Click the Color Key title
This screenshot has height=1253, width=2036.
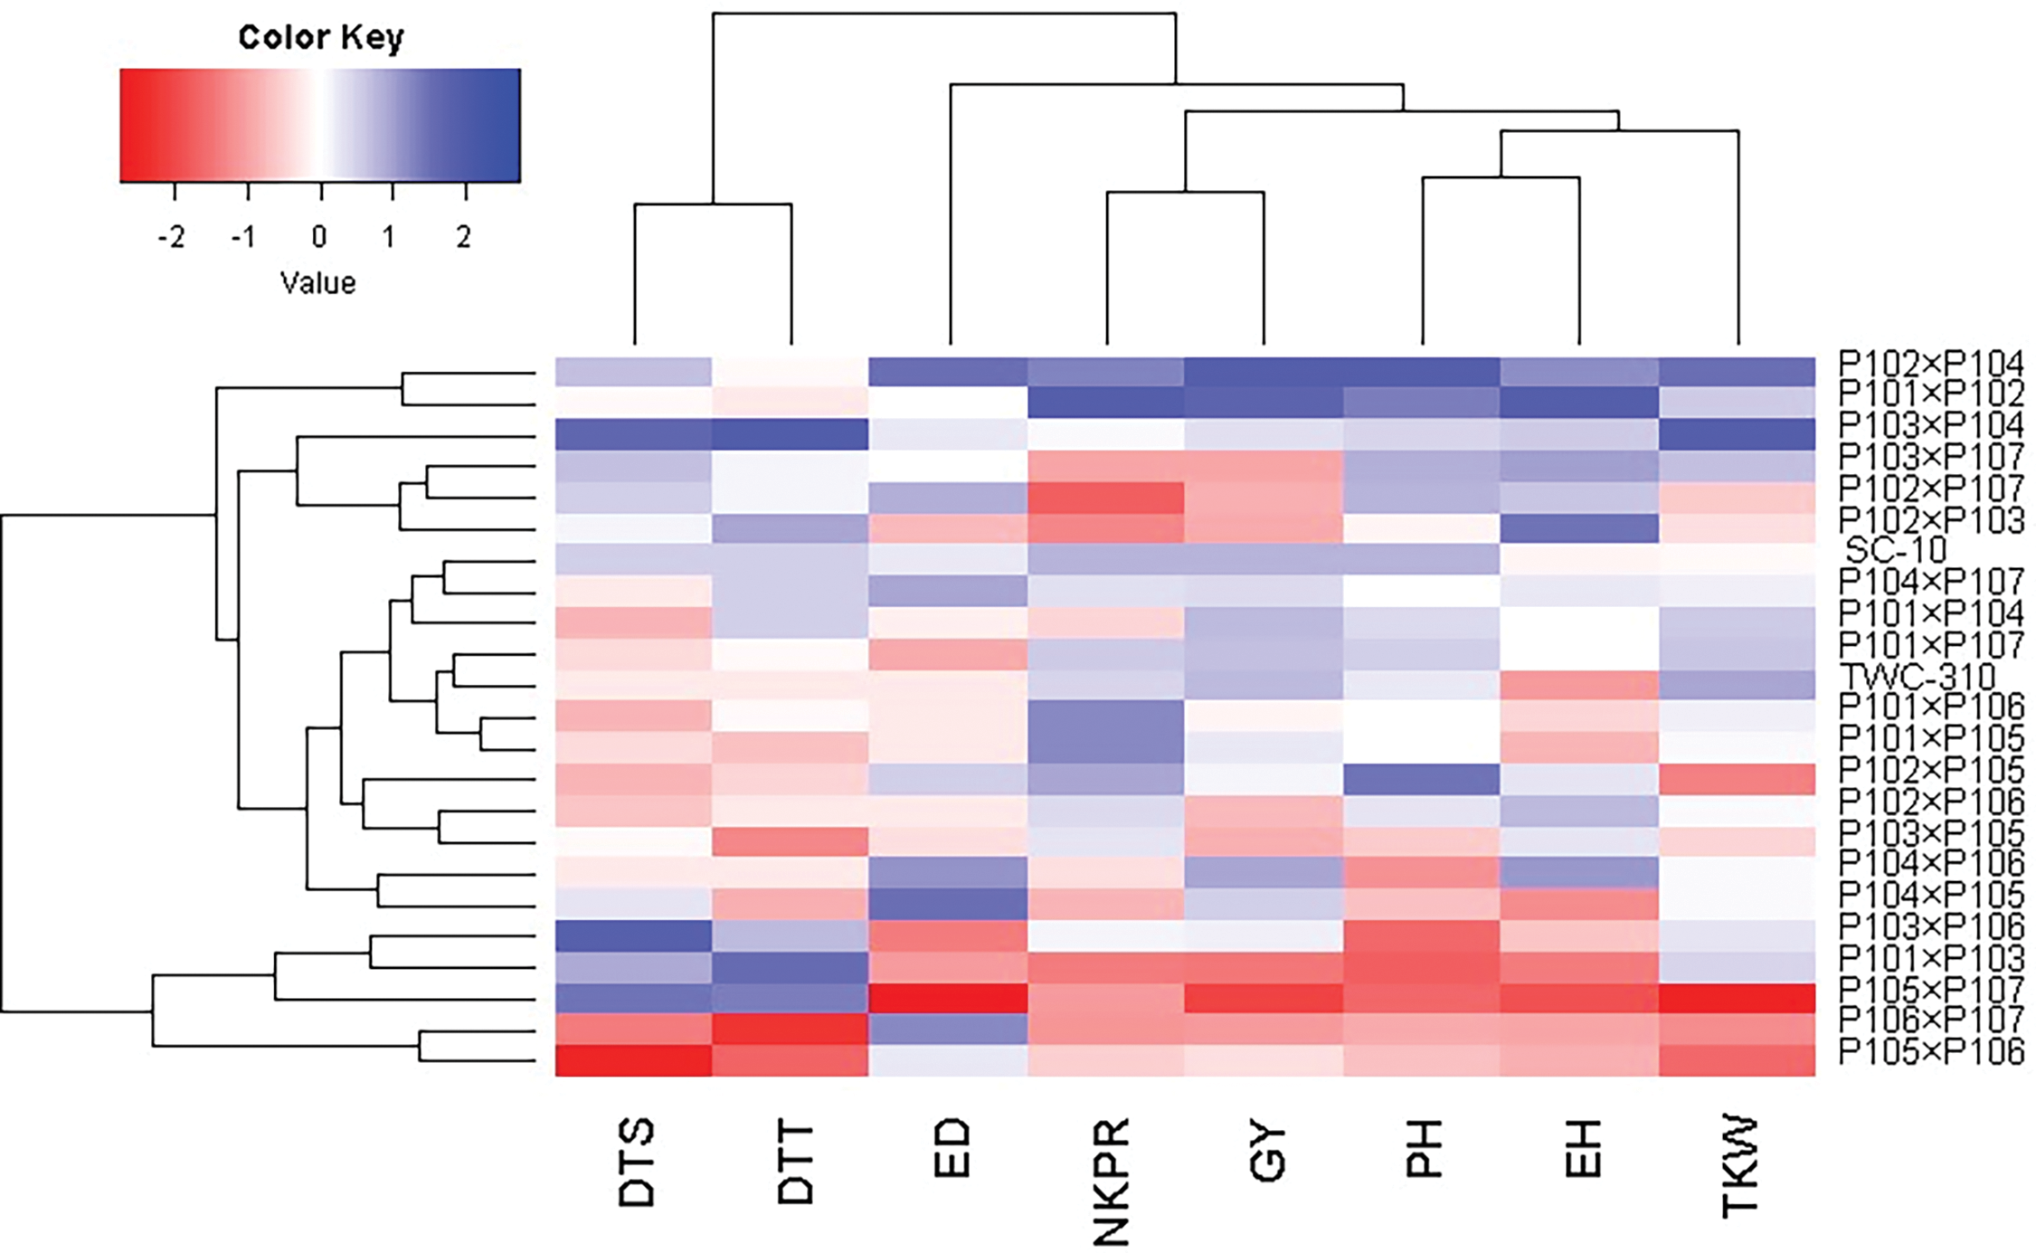coord(320,38)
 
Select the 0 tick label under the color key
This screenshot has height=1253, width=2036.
coord(319,237)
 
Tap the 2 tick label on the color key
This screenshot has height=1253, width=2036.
coord(464,237)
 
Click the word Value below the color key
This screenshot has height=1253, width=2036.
coord(318,283)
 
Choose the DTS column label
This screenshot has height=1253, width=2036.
coord(636,1163)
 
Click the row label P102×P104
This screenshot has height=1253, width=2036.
coord(1930,364)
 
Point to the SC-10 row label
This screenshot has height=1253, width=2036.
coord(1895,549)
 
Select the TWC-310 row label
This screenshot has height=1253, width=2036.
coord(1918,675)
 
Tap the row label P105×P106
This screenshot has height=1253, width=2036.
coord(1930,1051)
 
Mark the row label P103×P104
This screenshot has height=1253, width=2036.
coord(1930,424)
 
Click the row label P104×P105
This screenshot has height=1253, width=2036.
coord(1930,895)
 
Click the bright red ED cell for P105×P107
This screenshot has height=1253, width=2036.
coord(948,998)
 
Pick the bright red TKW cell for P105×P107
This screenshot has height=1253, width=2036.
coord(1737,998)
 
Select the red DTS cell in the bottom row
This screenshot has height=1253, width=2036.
coord(633,1060)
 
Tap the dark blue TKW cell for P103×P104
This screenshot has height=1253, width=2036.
coord(1737,434)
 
